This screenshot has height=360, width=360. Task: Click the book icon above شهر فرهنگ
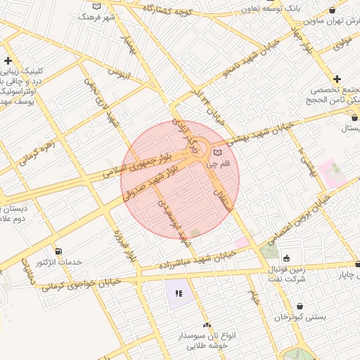(x=96, y=6)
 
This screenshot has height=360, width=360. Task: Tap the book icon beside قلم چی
(x=217, y=153)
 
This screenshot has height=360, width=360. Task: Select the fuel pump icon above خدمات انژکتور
(x=57, y=251)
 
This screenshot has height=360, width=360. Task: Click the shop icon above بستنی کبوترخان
(x=301, y=307)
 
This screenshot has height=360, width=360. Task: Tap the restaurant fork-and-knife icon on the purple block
(x=178, y=293)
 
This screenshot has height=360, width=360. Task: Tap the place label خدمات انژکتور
(x=59, y=262)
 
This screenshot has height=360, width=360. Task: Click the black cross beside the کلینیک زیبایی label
(x=8, y=60)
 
